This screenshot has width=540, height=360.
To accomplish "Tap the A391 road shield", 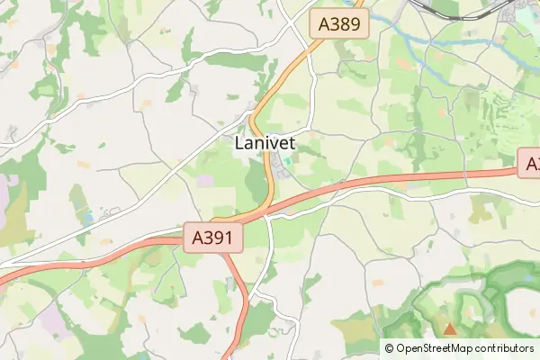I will point(217,238).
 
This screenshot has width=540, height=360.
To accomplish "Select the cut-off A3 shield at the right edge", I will point(531,165).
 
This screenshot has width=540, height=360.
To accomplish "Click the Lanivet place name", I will point(265,143).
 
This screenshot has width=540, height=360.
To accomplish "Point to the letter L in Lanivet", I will point(240,143).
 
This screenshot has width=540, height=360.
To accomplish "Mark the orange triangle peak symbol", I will point(450,329).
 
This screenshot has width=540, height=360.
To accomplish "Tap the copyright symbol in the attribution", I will point(390,348).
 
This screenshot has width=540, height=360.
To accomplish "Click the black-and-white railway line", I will point(450,11).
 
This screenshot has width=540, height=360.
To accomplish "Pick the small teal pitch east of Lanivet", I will point(287,163).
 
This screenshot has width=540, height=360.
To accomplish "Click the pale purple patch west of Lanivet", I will point(205,180).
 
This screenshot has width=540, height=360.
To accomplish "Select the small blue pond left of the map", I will point(87,218).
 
